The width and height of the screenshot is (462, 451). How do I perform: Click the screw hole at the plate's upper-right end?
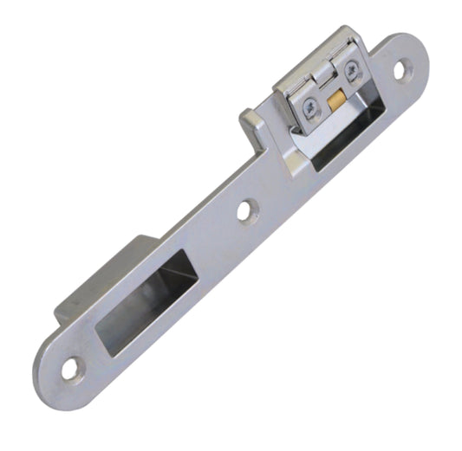click(x=403, y=69)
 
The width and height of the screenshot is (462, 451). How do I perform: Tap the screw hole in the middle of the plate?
click(x=247, y=209)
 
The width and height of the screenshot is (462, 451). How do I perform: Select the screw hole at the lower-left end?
click(x=69, y=368)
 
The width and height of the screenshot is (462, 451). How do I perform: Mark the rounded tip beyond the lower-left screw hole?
click(x=48, y=381)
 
